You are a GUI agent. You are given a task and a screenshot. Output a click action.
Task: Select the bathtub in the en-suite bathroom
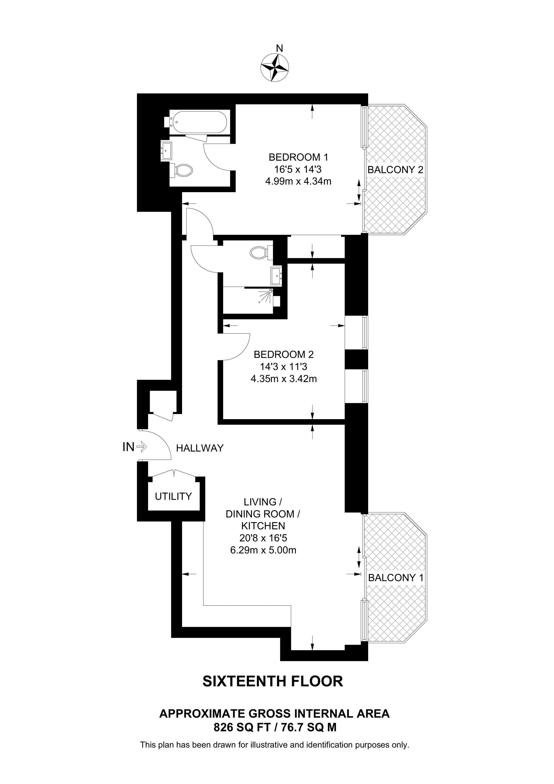click(199, 122)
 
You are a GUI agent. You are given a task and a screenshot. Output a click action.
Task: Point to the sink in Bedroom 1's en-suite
click(167, 151)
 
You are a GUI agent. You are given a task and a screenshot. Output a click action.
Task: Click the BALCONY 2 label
click(395, 170)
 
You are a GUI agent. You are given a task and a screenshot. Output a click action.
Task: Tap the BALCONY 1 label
click(396, 578)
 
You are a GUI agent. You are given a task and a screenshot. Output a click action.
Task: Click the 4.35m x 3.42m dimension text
click(283, 379)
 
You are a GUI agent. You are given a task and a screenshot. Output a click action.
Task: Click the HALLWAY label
click(200, 448)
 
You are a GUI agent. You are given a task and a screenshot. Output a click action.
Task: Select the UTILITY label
click(174, 496)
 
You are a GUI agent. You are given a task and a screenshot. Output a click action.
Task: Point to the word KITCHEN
click(263, 526)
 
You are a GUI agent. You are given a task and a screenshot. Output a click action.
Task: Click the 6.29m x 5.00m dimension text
click(263, 550)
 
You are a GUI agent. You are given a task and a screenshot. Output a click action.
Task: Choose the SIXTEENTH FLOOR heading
click(272, 681)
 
